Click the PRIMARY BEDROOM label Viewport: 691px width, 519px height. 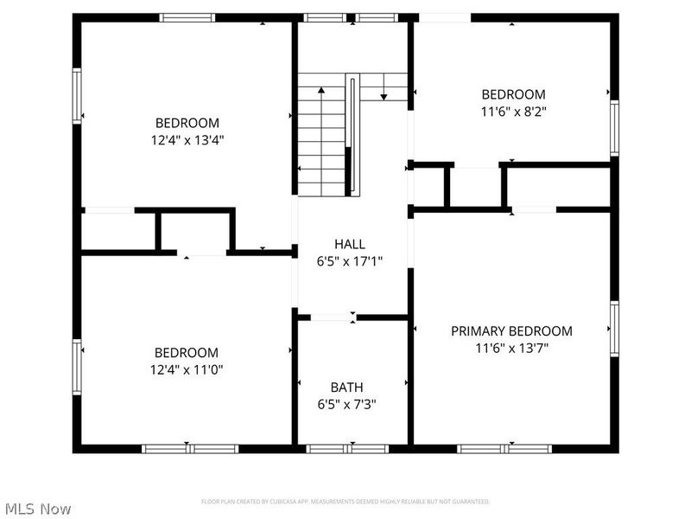click(512, 331)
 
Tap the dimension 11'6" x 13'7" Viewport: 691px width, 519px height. click(512, 349)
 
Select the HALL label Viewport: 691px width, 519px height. click(350, 245)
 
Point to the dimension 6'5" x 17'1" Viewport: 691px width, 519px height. click(350, 261)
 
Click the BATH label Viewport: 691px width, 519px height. click(346, 387)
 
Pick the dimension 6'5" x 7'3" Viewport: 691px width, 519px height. click(346, 404)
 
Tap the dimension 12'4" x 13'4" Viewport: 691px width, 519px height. click(187, 139)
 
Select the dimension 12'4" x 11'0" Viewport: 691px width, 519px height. click(187, 369)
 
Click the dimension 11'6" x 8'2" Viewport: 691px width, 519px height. click(514, 111)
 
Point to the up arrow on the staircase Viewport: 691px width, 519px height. click(321, 89)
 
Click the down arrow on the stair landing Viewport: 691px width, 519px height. click(384, 96)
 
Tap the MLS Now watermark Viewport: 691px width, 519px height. click(37, 509)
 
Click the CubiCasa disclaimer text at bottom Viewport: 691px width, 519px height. click(345, 502)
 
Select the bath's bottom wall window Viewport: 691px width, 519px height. click(347, 448)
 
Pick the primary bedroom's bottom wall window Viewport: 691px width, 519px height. click(504, 448)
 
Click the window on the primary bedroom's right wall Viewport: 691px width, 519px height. click(615, 330)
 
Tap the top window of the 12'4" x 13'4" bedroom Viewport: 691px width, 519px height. click(187, 17)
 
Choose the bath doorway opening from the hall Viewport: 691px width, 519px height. click(333, 317)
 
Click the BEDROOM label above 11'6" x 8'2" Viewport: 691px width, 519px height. click(514, 94)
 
